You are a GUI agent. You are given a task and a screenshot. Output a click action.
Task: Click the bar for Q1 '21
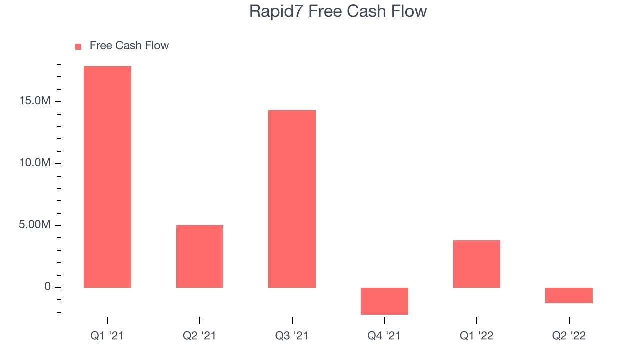click(x=107, y=177)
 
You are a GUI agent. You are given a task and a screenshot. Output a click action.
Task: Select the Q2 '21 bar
click(x=200, y=256)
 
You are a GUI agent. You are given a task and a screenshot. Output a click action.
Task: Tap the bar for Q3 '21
click(x=292, y=199)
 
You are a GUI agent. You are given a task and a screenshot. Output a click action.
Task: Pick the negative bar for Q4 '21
click(x=384, y=301)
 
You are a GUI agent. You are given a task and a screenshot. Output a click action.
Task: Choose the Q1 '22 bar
click(x=477, y=264)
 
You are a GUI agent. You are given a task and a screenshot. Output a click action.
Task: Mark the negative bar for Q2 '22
click(x=569, y=295)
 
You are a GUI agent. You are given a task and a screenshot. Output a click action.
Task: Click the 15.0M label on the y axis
click(x=35, y=101)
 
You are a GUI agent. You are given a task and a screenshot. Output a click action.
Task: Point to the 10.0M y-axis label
click(x=35, y=163)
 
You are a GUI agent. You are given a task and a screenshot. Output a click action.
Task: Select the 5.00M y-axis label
click(x=35, y=225)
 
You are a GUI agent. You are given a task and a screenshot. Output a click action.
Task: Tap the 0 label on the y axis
click(x=47, y=286)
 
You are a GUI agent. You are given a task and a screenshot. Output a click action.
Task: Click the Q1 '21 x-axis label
click(x=107, y=335)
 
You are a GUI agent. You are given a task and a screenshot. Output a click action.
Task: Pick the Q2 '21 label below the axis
click(x=199, y=335)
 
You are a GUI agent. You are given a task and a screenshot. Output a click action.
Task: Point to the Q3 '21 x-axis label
click(x=291, y=335)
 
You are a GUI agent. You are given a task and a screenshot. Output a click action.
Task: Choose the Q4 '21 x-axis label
click(x=384, y=335)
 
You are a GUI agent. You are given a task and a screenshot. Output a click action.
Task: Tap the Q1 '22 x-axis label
click(x=476, y=335)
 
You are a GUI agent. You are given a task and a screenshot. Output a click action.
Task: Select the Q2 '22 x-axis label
click(x=569, y=335)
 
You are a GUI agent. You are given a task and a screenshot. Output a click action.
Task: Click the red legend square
click(x=78, y=47)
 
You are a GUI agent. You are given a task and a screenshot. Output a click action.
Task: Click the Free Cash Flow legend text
click(x=129, y=45)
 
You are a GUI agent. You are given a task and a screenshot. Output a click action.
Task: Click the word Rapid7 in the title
click(x=276, y=12)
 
